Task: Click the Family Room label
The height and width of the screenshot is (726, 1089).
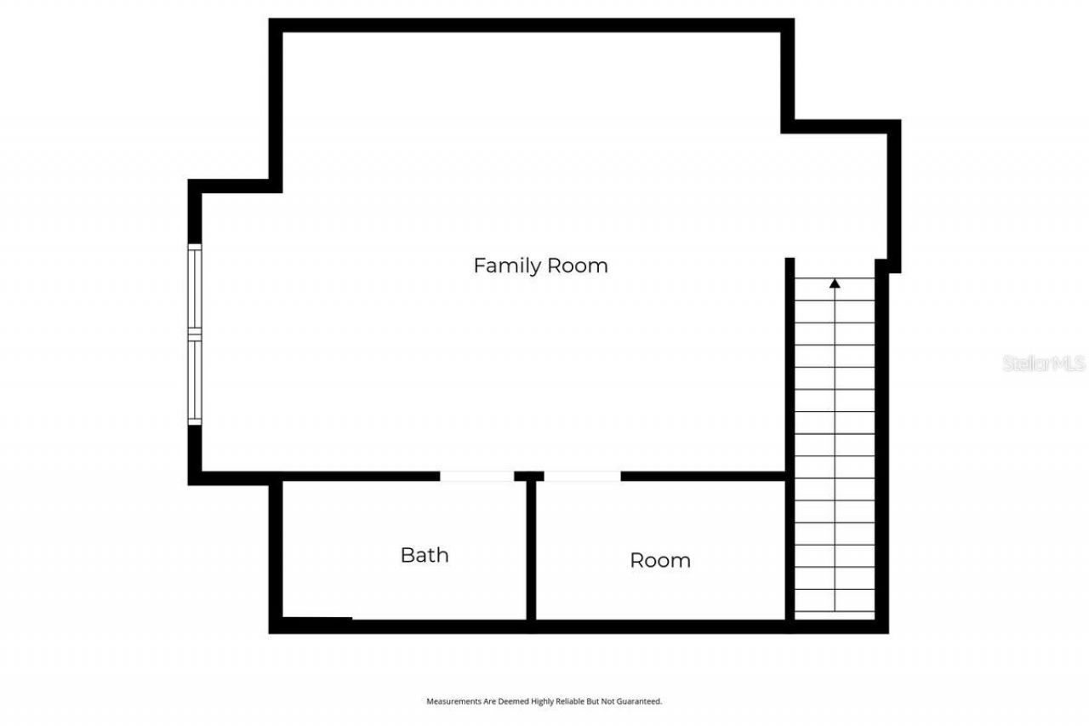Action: tap(540, 266)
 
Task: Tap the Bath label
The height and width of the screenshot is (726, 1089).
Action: tap(424, 555)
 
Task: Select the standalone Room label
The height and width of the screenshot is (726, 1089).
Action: tap(659, 560)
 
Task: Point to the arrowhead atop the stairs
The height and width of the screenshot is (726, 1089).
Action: tap(835, 283)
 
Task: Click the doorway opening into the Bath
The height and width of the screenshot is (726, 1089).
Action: tap(476, 477)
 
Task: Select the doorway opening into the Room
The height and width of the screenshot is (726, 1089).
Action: tap(582, 477)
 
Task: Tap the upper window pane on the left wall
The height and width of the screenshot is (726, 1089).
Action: tap(195, 287)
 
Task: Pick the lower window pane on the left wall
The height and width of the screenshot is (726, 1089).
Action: tap(195, 380)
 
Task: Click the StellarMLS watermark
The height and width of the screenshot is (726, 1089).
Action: tap(1044, 363)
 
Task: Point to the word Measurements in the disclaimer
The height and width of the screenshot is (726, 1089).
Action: tap(452, 701)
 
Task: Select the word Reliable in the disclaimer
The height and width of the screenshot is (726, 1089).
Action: tap(571, 701)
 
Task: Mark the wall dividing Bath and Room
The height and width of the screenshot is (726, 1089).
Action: tap(531, 553)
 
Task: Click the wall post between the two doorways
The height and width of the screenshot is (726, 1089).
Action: tap(529, 477)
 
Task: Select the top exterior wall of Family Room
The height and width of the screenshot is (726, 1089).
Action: tap(532, 26)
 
